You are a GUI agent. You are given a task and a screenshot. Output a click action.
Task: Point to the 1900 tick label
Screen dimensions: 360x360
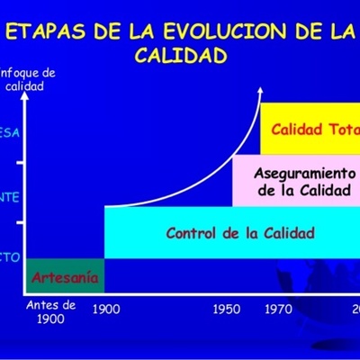106,308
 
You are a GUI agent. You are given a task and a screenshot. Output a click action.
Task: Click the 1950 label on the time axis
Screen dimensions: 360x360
227,308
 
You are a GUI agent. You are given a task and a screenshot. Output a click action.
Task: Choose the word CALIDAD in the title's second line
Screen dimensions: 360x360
180,56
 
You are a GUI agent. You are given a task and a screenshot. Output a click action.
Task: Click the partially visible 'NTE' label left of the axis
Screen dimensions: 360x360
7,196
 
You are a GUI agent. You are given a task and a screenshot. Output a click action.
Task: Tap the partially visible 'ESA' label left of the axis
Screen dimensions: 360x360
8,131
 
